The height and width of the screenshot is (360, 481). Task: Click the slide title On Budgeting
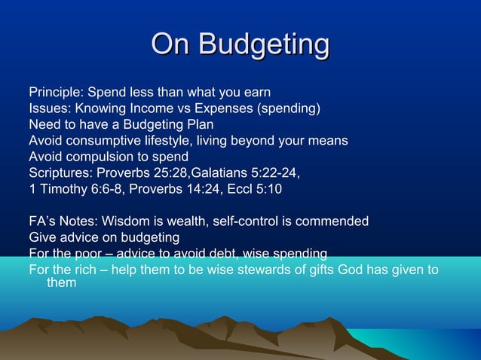(x=240, y=44)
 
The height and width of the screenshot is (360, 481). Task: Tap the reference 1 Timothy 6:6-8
(x=75, y=188)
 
